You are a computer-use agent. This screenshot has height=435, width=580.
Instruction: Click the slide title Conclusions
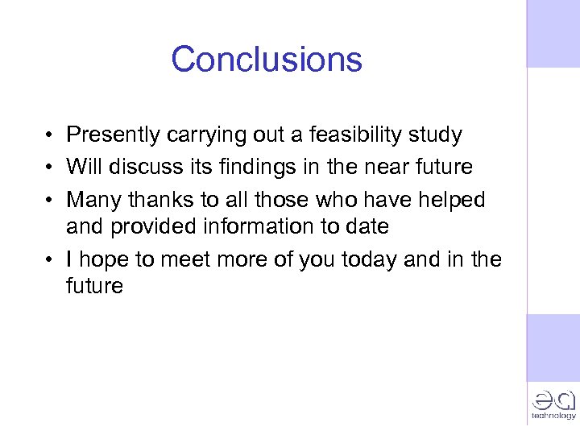[267, 59]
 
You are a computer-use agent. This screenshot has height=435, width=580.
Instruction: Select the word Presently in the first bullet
[114, 135]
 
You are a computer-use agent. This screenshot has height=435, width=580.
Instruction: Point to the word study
[435, 135]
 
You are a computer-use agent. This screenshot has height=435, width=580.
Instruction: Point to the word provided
[153, 227]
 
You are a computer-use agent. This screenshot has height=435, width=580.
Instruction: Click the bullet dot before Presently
[50, 135]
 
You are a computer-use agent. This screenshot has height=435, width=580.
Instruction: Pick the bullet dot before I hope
[50, 260]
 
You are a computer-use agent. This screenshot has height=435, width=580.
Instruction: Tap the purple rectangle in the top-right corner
[553, 33]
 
